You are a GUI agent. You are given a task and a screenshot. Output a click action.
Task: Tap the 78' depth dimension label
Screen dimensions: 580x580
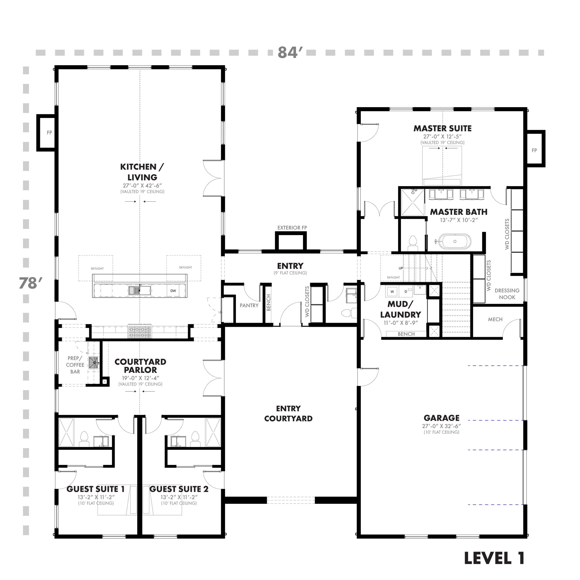point(30,283)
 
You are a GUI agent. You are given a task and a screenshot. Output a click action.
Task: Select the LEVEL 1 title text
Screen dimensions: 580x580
point(494,558)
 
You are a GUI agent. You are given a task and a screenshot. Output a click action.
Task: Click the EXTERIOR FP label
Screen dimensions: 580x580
point(292,228)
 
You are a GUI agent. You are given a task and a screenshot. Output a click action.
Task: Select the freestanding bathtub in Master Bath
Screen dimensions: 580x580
point(454,241)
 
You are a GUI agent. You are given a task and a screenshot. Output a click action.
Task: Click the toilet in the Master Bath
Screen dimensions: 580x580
point(413,242)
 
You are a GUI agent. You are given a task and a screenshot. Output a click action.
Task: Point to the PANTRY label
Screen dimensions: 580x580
point(249,305)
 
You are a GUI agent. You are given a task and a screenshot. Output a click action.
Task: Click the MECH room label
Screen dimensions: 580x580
point(495,319)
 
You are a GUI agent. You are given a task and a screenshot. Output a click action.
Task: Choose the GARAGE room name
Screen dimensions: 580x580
point(441,418)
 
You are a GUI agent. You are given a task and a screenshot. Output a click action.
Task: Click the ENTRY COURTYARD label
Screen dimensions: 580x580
point(288,413)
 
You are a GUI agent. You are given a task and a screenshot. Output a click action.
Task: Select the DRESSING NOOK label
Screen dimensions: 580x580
point(507,294)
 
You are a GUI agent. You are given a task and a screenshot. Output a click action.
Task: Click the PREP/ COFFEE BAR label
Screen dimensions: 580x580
point(75,365)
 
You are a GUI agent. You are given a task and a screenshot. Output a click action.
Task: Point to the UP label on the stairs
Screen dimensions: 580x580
point(401,268)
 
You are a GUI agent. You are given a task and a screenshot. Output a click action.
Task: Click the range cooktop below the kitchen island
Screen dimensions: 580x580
point(140,332)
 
